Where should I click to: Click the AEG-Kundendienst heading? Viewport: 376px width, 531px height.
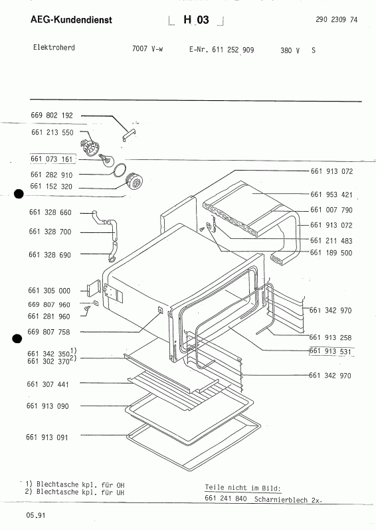point(71,20)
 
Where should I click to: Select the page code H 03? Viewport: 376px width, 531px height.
point(197,20)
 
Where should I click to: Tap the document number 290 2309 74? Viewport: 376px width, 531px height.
point(336,20)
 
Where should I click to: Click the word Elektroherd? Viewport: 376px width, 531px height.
point(54,47)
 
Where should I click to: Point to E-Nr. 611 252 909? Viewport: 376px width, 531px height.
point(221,50)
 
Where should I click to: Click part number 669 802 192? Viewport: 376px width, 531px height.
point(52,115)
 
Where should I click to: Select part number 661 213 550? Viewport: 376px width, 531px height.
point(52,132)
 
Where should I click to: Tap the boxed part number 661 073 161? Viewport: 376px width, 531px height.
point(52,159)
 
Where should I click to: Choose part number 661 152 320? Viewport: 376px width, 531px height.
point(51,187)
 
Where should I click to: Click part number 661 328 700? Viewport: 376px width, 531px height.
point(50,232)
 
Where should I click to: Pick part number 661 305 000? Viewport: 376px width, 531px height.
point(49,291)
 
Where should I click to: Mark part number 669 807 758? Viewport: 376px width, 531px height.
point(48,332)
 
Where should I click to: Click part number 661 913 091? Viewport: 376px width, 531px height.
point(47,437)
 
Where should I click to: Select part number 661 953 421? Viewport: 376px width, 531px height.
point(331,194)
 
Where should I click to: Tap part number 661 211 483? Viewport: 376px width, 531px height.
point(331,241)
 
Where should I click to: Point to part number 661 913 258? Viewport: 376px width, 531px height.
point(331,337)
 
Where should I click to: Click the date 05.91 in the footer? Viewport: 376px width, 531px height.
point(36,515)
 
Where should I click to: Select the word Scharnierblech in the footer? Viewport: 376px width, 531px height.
point(281,500)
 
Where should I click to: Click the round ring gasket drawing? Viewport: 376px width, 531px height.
point(120,170)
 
